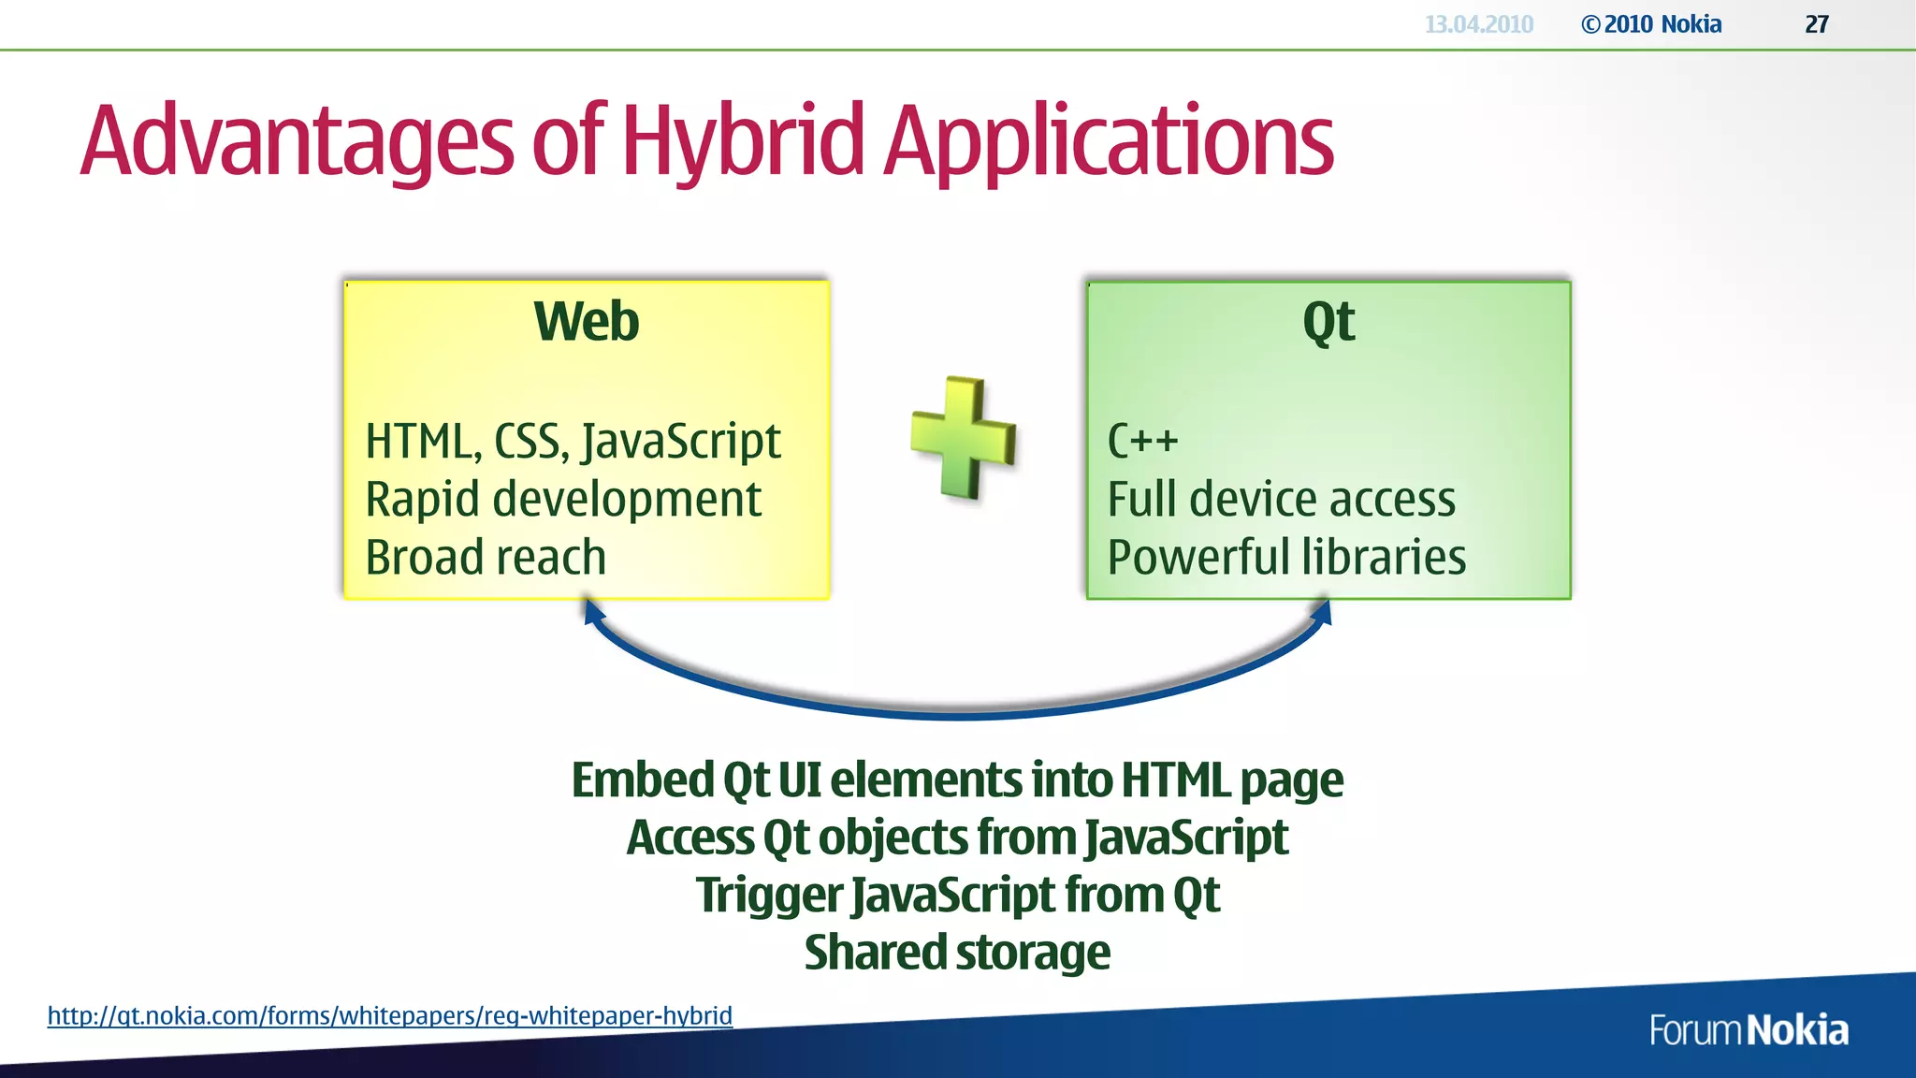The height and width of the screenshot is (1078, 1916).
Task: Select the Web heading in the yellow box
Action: [x=587, y=322]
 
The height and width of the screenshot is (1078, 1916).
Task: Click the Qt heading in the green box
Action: [x=1328, y=322]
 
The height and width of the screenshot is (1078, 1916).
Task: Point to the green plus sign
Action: [x=964, y=438]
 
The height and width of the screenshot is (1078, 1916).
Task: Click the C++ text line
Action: [x=1142, y=441]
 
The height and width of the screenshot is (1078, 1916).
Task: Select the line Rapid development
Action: [x=562, y=499]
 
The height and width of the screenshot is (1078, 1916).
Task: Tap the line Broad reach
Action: [x=486, y=557]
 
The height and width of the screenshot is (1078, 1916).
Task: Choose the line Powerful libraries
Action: [x=1286, y=557]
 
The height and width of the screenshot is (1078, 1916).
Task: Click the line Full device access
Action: [x=1281, y=499]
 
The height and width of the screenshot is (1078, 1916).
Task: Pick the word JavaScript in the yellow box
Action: [x=681, y=441]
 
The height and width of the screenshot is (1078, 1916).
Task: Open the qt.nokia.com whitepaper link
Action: [x=389, y=1015]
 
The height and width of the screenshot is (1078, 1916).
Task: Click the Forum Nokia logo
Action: [x=1749, y=1030]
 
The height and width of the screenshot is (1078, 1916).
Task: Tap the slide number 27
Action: [x=1817, y=24]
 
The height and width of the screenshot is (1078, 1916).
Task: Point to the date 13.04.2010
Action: [x=1478, y=24]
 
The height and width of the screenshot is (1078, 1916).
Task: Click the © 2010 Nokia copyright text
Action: [x=1651, y=24]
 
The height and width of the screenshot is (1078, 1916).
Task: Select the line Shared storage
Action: [x=957, y=953]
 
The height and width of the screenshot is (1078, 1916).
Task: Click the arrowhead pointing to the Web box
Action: [x=592, y=613]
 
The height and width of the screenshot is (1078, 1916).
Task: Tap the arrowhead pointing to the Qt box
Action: [x=1323, y=613]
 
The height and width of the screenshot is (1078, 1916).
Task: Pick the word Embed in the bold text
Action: [x=643, y=779]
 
